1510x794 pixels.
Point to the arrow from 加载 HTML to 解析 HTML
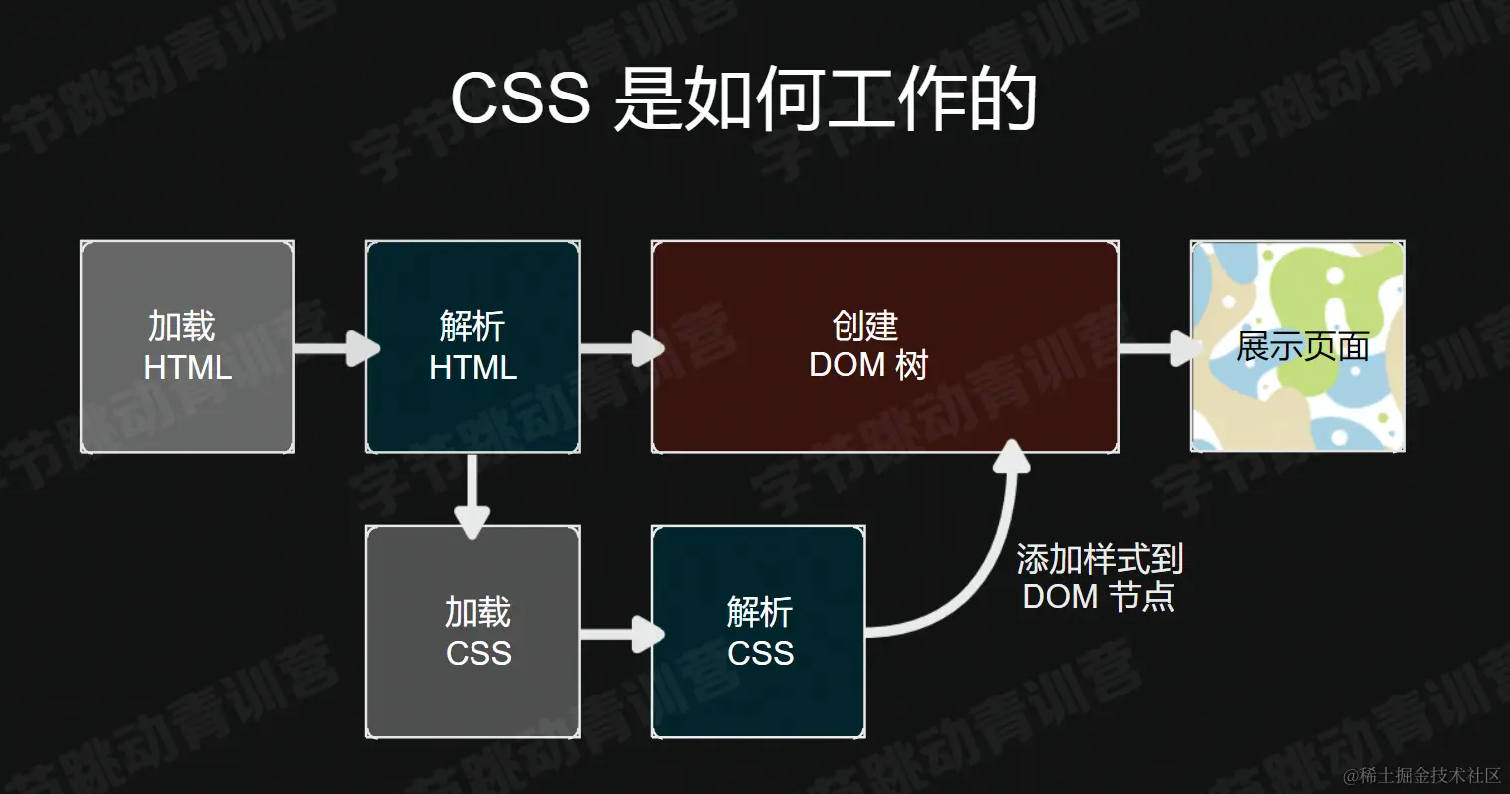336,348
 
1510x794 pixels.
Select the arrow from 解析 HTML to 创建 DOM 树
622,348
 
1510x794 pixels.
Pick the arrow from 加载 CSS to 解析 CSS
622,634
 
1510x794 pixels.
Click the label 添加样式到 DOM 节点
1099,578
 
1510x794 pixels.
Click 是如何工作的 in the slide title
825,99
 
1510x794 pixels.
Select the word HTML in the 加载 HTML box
187,367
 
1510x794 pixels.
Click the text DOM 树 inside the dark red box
867,365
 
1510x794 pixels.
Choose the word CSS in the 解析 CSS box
760,653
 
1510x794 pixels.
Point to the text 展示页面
1302,347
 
